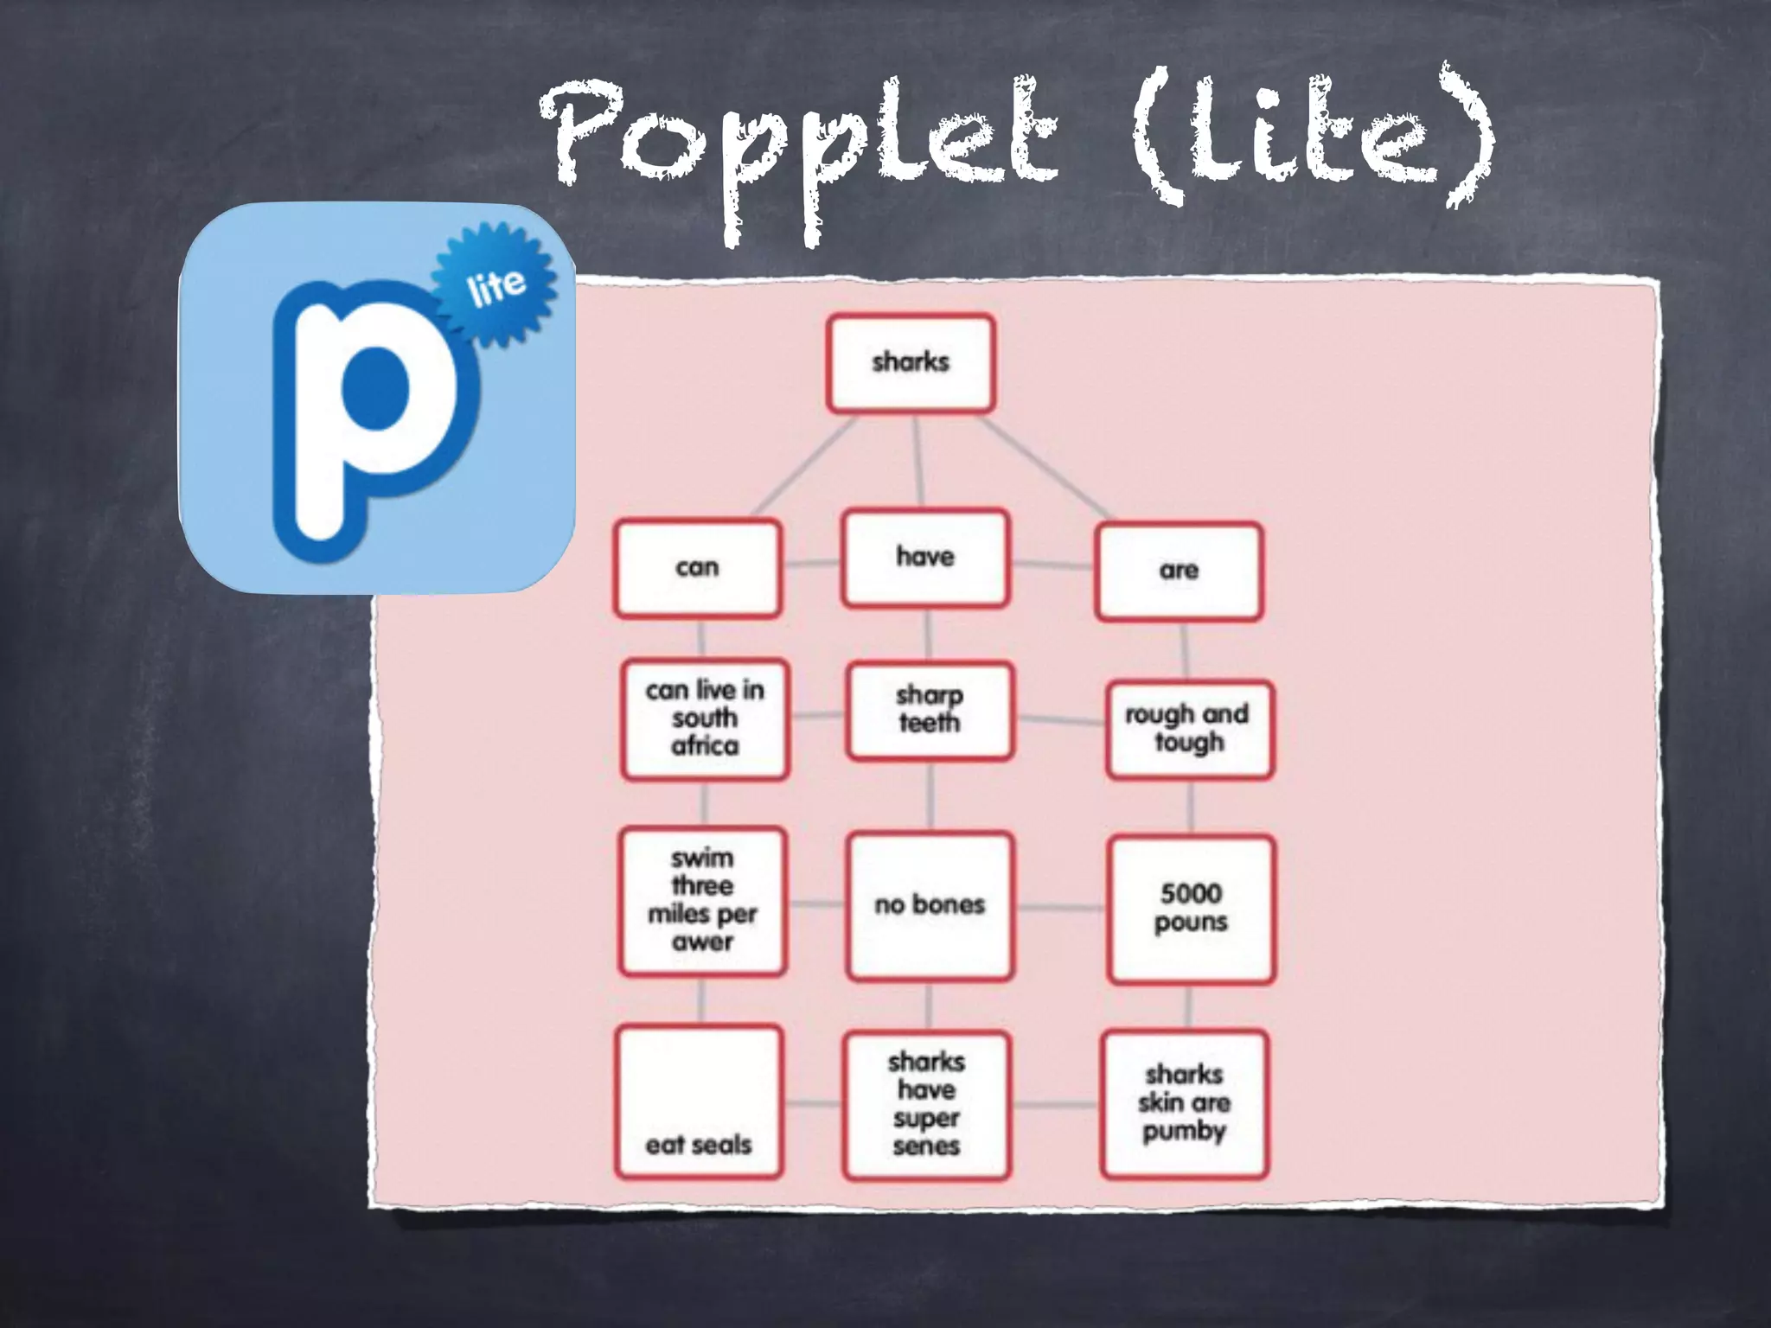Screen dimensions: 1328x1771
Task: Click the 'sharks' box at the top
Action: [x=911, y=362]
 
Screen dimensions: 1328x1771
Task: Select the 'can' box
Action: [x=697, y=568]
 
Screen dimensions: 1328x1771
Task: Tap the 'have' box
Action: [x=925, y=558]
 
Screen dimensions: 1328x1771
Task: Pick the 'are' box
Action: [x=1179, y=571]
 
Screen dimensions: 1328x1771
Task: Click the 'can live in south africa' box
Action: [x=705, y=718]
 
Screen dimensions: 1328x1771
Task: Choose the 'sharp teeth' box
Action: [x=930, y=710]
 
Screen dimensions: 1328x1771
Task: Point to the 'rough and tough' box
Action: [x=1189, y=729]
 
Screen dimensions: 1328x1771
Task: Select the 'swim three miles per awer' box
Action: [x=702, y=901]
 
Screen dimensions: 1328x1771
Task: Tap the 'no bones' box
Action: [x=930, y=905]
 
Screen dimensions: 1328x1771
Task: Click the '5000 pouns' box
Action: [x=1191, y=908]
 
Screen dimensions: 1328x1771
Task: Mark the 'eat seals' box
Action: [x=699, y=1101]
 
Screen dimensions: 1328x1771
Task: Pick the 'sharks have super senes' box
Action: [x=926, y=1104]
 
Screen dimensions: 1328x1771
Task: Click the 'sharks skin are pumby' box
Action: [x=1185, y=1103]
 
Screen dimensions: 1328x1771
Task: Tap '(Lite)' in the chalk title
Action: [x=1310, y=138]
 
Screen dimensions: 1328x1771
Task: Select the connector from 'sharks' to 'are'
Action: [x=1046, y=469]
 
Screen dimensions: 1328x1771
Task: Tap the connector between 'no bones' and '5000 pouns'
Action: [x=1059, y=908]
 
